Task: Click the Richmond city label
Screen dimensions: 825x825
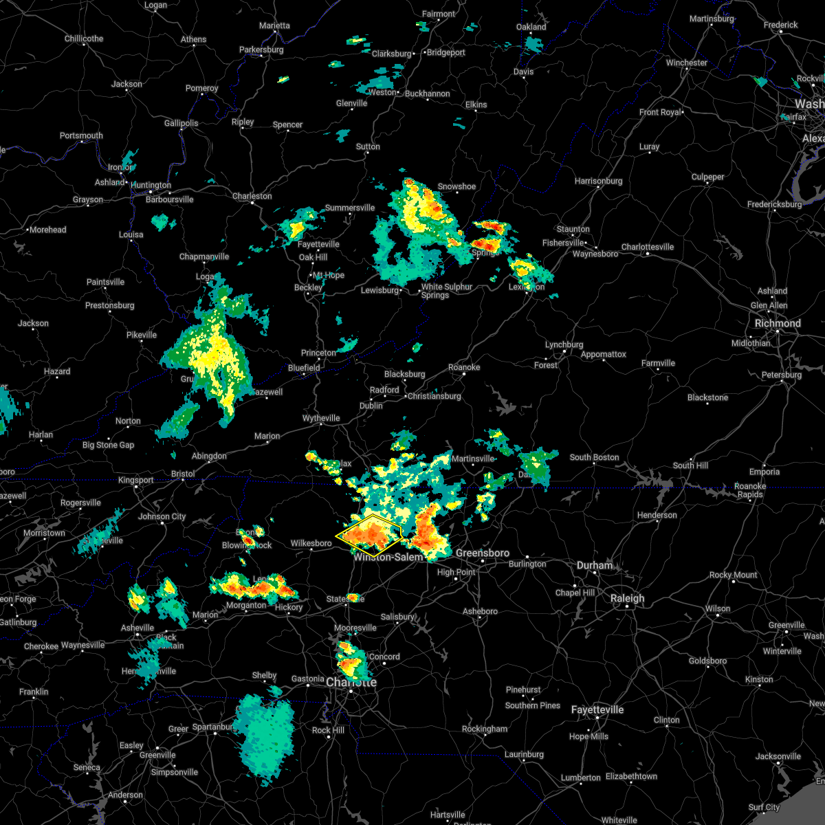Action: (778, 323)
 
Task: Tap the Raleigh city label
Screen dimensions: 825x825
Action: (627, 598)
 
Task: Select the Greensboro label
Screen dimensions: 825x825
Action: (483, 553)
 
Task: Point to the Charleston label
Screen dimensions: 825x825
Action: (252, 196)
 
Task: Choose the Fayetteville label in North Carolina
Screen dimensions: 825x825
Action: (597, 709)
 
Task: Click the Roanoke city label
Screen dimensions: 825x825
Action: (464, 367)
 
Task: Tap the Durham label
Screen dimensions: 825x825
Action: (595, 565)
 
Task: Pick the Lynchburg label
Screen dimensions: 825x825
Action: (564, 344)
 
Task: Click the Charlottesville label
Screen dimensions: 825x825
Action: (648, 247)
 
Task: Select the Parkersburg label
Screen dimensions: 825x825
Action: (261, 49)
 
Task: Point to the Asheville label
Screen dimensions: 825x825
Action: (137, 628)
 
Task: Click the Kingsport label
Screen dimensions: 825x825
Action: (136, 480)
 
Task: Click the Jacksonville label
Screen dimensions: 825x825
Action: (778, 756)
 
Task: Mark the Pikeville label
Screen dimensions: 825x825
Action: (142, 335)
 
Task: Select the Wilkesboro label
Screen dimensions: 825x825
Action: (311, 543)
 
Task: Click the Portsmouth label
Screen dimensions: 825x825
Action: (81, 135)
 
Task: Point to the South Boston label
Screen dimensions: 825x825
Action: (594, 457)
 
